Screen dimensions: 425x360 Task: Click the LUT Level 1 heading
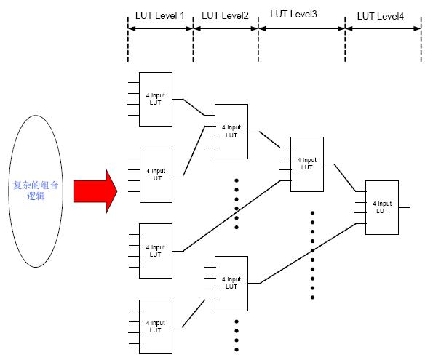click(159, 15)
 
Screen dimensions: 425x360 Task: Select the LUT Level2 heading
click(225, 15)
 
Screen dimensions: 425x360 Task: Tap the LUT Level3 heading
click(293, 14)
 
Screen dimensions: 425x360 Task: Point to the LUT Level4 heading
click(381, 16)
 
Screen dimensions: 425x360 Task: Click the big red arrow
click(95, 191)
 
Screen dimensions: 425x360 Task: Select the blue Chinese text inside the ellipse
click(36, 191)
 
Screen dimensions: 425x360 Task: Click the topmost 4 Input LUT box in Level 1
click(156, 99)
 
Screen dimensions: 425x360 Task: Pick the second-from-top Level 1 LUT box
click(156, 175)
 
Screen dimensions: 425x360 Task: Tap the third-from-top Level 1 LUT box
click(156, 251)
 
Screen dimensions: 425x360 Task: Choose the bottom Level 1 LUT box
click(156, 327)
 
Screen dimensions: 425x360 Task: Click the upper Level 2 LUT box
click(231, 132)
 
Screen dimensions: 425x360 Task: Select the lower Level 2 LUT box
click(231, 284)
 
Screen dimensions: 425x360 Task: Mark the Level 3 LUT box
click(307, 164)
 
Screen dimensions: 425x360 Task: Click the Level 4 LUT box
click(382, 207)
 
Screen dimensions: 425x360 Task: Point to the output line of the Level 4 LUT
click(405, 207)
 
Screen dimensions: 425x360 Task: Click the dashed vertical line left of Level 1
click(128, 39)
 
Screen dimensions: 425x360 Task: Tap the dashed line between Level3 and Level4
click(345, 39)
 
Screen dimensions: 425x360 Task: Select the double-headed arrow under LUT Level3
click(302, 28)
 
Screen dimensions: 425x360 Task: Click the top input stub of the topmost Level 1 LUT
click(134, 83)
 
